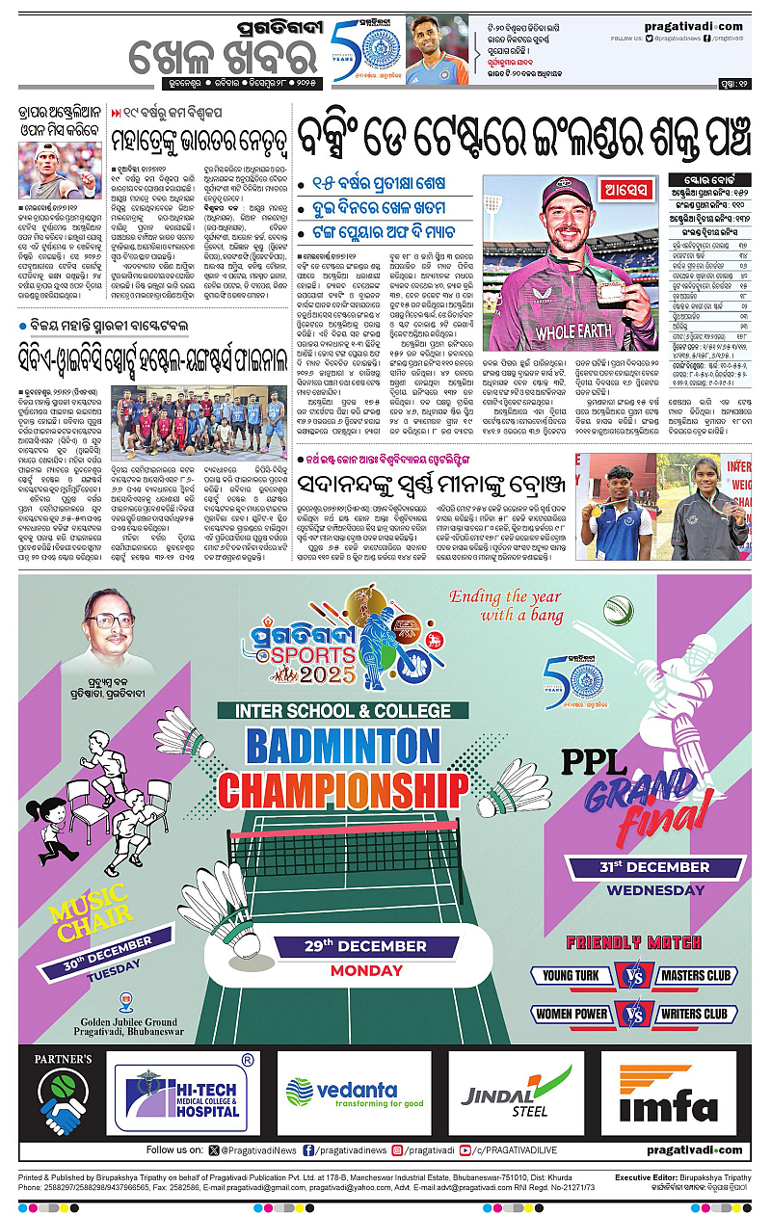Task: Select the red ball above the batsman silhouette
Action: pos(616,609)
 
